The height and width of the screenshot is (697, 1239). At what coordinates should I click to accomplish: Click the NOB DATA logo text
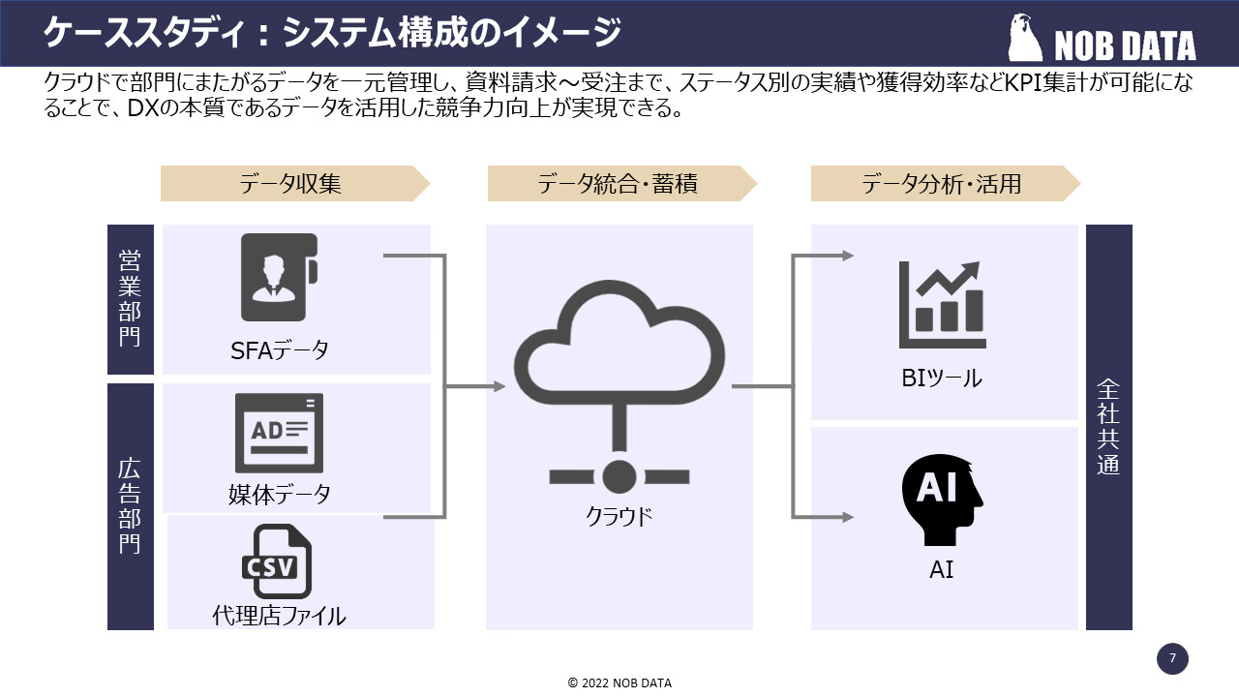point(1124,45)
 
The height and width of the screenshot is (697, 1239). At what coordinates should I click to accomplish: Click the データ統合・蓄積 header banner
point(619,184)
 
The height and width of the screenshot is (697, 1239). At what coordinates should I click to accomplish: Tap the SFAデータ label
point(280,350)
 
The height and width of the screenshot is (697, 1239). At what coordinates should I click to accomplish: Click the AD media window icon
point(279,433)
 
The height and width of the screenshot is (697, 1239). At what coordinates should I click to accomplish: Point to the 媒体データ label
point(280,495)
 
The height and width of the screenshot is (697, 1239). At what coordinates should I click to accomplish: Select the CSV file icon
point(276,561)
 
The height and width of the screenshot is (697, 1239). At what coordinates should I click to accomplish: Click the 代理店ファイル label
point(279,616)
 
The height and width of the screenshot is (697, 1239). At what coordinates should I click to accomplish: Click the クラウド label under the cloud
point(619,516)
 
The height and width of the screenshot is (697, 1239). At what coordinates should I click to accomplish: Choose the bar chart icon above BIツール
point(942,305)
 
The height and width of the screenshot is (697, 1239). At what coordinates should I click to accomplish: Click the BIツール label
point(942,379)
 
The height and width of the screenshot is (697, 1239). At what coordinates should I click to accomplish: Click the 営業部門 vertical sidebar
point(131,299)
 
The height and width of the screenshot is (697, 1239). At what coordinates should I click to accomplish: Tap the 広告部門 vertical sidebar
point(131,506)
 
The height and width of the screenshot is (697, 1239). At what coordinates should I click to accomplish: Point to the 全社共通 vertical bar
point(1108,427)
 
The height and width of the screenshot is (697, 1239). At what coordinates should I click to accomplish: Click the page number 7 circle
point(1172,659)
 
